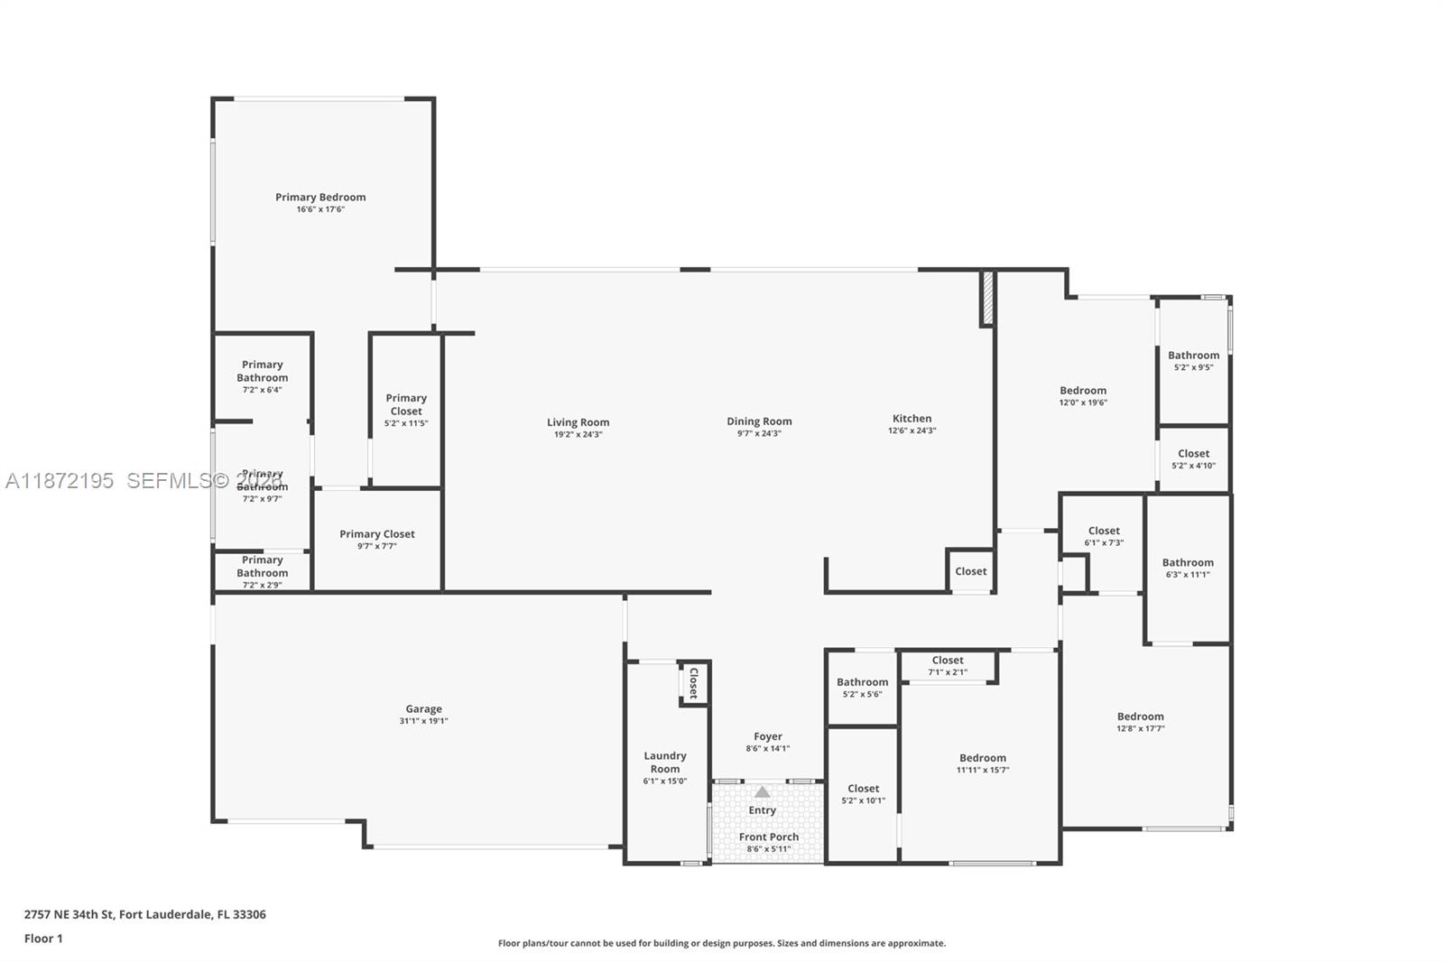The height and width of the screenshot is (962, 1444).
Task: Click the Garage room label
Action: coord(423,709)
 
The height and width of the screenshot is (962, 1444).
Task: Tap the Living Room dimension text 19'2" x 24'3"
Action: coord(578,435)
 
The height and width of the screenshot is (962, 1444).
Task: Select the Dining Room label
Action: coord(759,421)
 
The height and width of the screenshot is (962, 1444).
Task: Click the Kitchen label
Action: coord(912,419)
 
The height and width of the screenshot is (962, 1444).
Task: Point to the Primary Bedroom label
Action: coord(320,197)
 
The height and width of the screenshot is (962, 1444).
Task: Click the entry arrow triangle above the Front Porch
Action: coord(763,792)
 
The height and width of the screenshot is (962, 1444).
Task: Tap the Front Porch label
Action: coord(768,837)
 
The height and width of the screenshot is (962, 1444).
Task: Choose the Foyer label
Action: coord(768,736)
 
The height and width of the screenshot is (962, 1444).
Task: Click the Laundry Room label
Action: coord(665,763)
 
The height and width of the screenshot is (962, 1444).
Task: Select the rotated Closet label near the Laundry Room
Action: coord(693,683)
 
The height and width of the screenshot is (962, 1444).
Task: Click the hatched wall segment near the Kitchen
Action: coord(987,298)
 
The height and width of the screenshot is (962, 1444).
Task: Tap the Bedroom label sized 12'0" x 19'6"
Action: coord(1083,391)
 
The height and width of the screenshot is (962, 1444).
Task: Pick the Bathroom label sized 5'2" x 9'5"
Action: coord(1193,356)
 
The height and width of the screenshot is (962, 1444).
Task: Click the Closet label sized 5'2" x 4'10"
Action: coord(1193,454)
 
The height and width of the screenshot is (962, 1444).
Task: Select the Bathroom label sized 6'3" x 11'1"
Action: coord(1188,562)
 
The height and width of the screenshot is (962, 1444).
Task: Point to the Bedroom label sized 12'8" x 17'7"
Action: coord(1140,717)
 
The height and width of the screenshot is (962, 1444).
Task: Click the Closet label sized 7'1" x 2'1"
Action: coord(948,661)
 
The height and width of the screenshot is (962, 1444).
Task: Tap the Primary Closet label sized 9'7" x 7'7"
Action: coord(377,534)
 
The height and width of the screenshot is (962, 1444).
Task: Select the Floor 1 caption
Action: coord(43,939)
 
